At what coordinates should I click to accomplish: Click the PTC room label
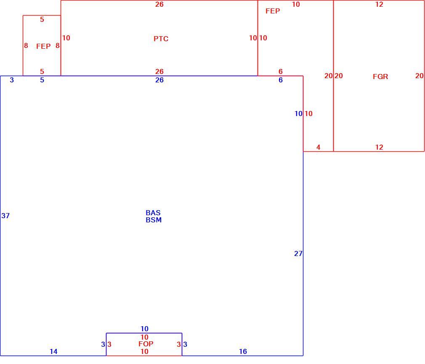coord(161,39)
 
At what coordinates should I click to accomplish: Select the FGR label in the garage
coord(380,76)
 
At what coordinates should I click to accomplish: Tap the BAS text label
coord(153,213)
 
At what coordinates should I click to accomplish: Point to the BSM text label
coord(154,220)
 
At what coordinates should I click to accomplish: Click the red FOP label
coord(146,344)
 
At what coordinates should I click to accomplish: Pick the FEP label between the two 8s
coord(43,46)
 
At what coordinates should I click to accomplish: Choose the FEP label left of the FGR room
coord(273,11)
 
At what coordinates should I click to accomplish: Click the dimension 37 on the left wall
coord(5,216)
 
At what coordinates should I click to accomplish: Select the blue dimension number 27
coord(298,253)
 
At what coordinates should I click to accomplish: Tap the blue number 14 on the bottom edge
coord(53,351)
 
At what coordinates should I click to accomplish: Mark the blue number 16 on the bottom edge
coord(243,351)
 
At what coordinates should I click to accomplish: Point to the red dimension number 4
coord(318,148)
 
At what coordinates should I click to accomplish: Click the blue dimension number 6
coord(281,80)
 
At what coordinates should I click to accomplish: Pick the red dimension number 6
coord(281,71)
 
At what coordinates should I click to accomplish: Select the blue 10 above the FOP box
coord(144,329)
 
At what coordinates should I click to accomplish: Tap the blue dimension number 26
coord(159,80)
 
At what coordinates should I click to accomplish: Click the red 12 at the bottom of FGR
coord(379,148)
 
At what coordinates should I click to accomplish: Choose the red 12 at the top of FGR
coord(379,4)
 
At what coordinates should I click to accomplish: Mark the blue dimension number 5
coord(42,80)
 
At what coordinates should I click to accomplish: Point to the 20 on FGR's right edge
coord(419,76)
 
